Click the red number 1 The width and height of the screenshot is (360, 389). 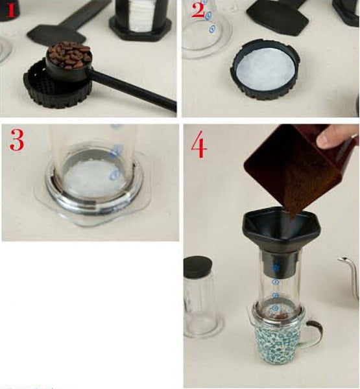9,12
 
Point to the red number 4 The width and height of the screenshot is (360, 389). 198,146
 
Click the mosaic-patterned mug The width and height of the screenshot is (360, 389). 278,344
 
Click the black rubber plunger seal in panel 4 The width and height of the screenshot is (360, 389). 198,266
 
